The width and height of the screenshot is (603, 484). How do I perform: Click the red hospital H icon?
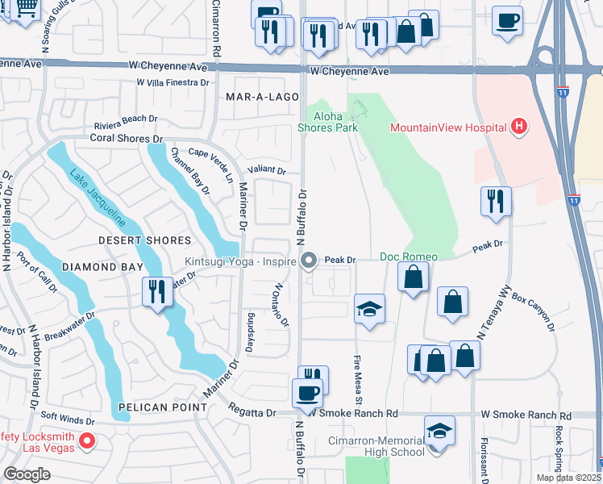coord(520,127)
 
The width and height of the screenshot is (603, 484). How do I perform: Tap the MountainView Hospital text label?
coord(448,127)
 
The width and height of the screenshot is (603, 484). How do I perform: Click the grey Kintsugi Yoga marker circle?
coord(309,260)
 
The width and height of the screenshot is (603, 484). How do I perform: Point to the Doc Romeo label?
coord(409,257)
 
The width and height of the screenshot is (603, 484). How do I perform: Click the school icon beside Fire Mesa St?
coord(370,309)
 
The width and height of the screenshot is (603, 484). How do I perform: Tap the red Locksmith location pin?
coord(89,441)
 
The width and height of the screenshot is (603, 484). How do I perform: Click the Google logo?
coord(27,474)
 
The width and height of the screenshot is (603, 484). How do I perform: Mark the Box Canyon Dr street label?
coord(534,311)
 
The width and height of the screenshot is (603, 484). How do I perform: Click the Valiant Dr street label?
coord(270,170)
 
